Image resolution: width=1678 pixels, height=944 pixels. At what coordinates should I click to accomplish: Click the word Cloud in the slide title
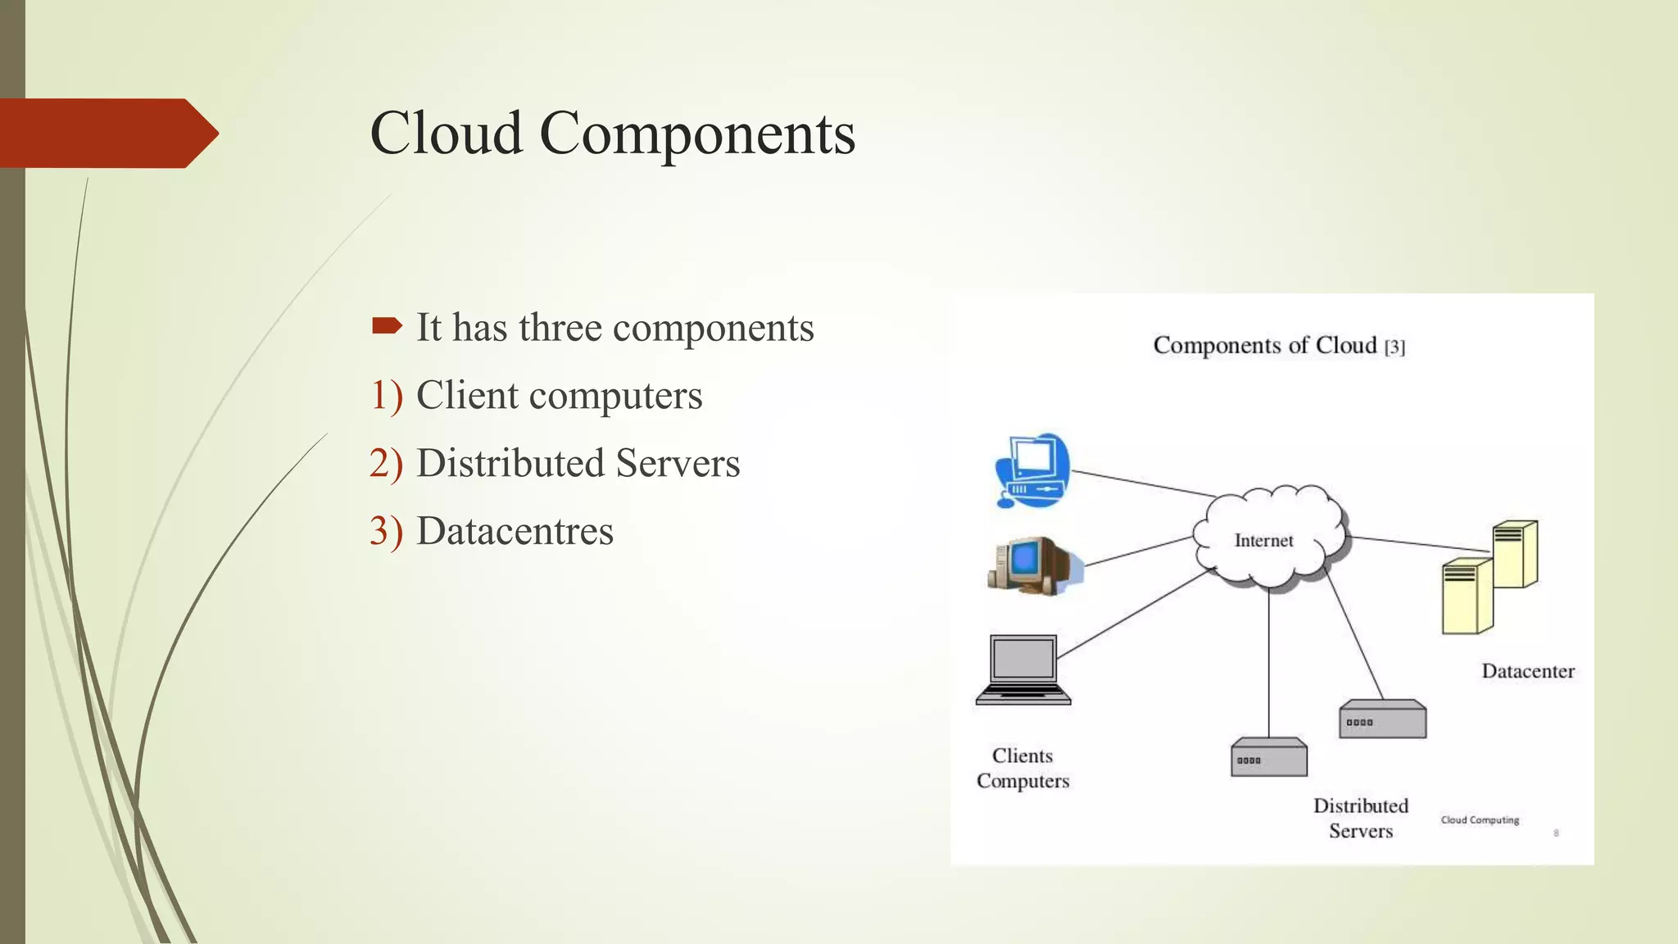[x=447, y=134]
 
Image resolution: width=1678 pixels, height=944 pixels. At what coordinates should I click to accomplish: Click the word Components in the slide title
[x=697, y=134]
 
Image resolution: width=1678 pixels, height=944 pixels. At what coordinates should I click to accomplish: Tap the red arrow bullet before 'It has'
[x=387, y=326]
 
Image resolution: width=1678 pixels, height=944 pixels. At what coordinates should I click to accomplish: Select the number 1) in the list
[x=386, y=395]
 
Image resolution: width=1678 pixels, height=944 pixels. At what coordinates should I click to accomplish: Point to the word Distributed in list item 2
[x=511, y=463]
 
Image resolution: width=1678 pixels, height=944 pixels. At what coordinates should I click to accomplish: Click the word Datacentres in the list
[x=515, y=531]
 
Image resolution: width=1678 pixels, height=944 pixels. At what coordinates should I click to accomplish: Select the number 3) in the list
[x=386, y=531]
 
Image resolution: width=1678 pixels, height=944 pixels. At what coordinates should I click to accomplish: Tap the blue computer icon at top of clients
[x=1032, y=470]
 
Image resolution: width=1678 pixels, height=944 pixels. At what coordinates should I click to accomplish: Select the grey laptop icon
[x=1023, y=669]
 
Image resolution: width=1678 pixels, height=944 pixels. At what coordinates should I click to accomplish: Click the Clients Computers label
[x=1023, y=768]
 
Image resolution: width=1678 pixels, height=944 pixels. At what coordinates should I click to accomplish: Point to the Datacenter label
[x=1527, y=671]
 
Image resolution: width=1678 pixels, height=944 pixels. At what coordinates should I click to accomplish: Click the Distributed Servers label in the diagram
[x=1360, y=818]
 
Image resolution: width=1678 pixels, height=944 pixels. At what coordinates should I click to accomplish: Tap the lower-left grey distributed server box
[x=1268, y=757]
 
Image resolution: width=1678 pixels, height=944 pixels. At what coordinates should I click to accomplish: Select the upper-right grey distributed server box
[x=1382, y=719]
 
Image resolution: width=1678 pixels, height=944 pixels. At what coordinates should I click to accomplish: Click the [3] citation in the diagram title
[x=1395, y=347]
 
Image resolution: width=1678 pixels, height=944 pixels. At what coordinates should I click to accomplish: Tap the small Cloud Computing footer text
[x=1480, y=819]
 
